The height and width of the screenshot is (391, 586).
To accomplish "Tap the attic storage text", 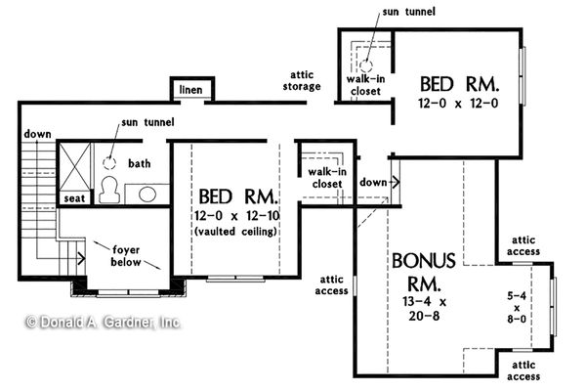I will tap(299, 80).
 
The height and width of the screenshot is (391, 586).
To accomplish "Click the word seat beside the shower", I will tap(74, 198).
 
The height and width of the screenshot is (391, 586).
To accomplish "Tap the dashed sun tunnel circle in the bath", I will tap(110, 161).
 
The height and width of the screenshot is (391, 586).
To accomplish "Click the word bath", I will tap(139, 163).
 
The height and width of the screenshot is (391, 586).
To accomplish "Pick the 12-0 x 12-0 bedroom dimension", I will tap(459, 103).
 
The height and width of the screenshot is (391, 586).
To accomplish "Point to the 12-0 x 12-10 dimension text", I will tap(234, 215).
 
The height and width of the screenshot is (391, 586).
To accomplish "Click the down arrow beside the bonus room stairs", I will tap(394, 182).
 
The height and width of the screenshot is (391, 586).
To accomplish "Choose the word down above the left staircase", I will tap(37, 134).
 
